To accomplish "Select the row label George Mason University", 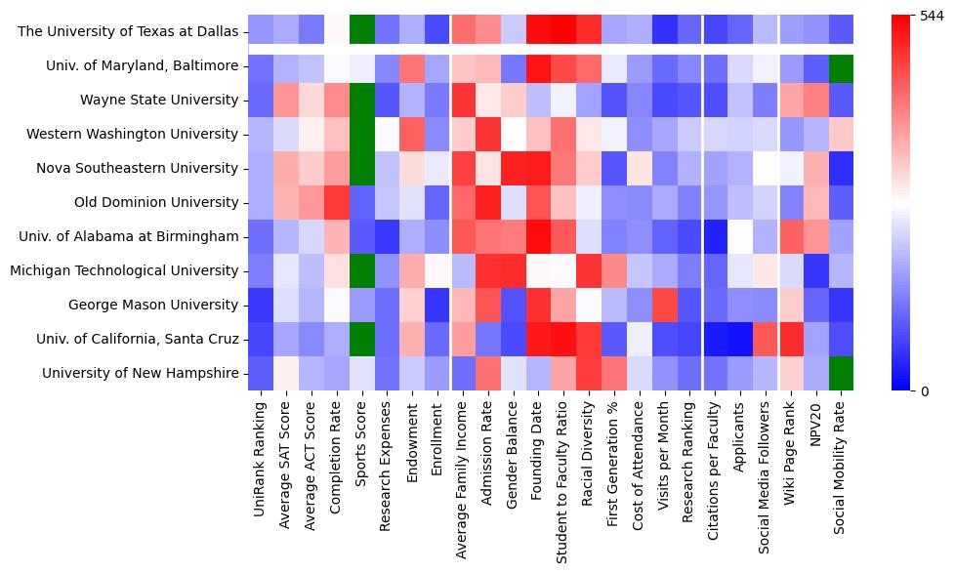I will [x=153, y=305].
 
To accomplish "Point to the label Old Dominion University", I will [x=156, y=202].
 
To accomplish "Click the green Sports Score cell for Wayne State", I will [x=362, y=100].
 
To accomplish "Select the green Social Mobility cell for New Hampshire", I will [x=841, y=373].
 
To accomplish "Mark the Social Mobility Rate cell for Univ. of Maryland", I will [x=841, y=65].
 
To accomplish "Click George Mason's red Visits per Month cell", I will [x=664, y=305].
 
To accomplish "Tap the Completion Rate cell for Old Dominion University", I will [x=337, y=202].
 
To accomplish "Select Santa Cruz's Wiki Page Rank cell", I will [x=790, y=339].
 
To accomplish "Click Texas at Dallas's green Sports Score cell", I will [x=362, y=31].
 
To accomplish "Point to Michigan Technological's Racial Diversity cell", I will [x=588, y=270].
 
